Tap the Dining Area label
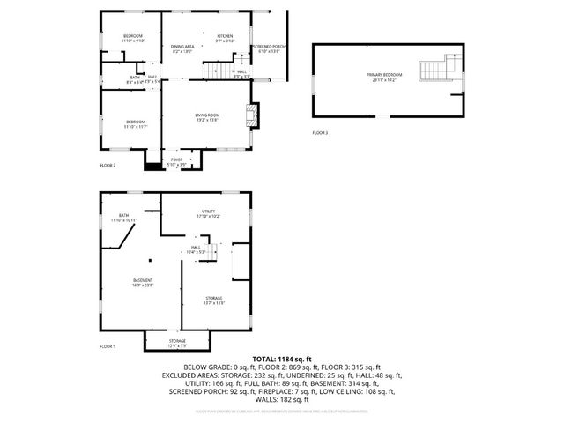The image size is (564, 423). (183, 48)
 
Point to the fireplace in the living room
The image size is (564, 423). (252, 113)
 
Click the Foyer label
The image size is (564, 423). (177, 161)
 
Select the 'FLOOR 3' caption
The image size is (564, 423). (320, 133)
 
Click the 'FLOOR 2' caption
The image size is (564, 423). (108, 165)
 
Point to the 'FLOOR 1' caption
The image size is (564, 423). (108, 346)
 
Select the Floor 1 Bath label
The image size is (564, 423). (123, 217)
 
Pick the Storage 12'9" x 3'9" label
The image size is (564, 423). (177, 343)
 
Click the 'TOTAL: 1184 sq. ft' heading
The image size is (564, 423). (282, 360)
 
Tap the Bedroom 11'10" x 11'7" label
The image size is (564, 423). (135, 123)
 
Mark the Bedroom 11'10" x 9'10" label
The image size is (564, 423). (132, 38)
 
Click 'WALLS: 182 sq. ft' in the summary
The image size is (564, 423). (282, 400)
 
